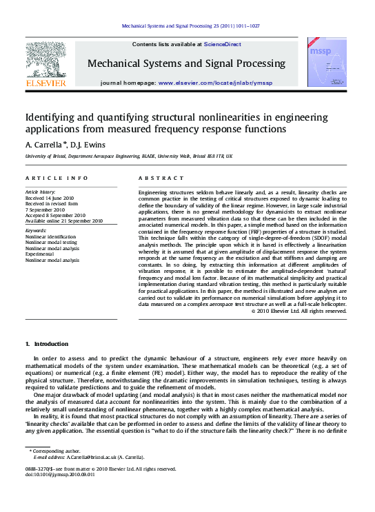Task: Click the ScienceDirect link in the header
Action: (x=222, y=44)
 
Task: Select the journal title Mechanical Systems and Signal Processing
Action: (x=186, y=63)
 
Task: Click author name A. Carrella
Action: (x=45, y=145)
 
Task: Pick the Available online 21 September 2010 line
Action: (x=63, y=221)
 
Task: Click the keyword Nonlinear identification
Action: (x=50, y=236)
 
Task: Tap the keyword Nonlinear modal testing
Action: (x=51, y=242)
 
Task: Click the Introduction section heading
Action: (x=47, y=343)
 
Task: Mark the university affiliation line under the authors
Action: (x=128, y=157)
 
